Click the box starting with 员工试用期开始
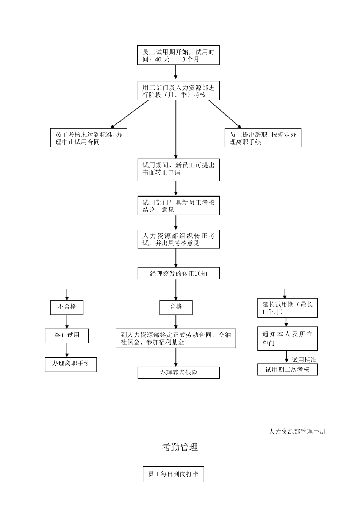pyautogui.click(x=178, y=55)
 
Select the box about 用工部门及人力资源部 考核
pyautogui.click(x=178, y=91)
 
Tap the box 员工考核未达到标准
pyautogui.click(x=89, y=138)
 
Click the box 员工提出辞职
pyautogui.click(x=263, y=138)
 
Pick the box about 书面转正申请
pyautogui.click(x=178, y=169)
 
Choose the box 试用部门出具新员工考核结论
pyautogui.click(x=178, y=206)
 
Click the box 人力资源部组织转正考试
pyautogui.click(x=178, y=239)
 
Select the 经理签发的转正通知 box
pyautogui.click(x=178, y=273)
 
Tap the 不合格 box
pyautogui.click(x=67, y=307)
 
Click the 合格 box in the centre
pyautogui.click(x=176, y=307)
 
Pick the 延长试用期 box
pyautogui.click(x=287, y=308)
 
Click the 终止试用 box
pyautogui.click(x=67, y=335)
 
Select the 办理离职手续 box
pyautogui.click(x=71, y=364)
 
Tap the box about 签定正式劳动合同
pyautogui.click(x=176, y=338)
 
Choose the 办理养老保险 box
pyautogui.click(x=178, y=372)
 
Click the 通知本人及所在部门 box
pyautogui.click(x=287, y=339)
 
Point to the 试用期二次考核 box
pyautogui.click(x=287, y=369)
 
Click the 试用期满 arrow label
pyautogui.click(x=304, y=360)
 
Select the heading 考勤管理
pyautogui.click(x=180, y=447)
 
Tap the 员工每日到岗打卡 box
pyautogui.click(x=173, y=474)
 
